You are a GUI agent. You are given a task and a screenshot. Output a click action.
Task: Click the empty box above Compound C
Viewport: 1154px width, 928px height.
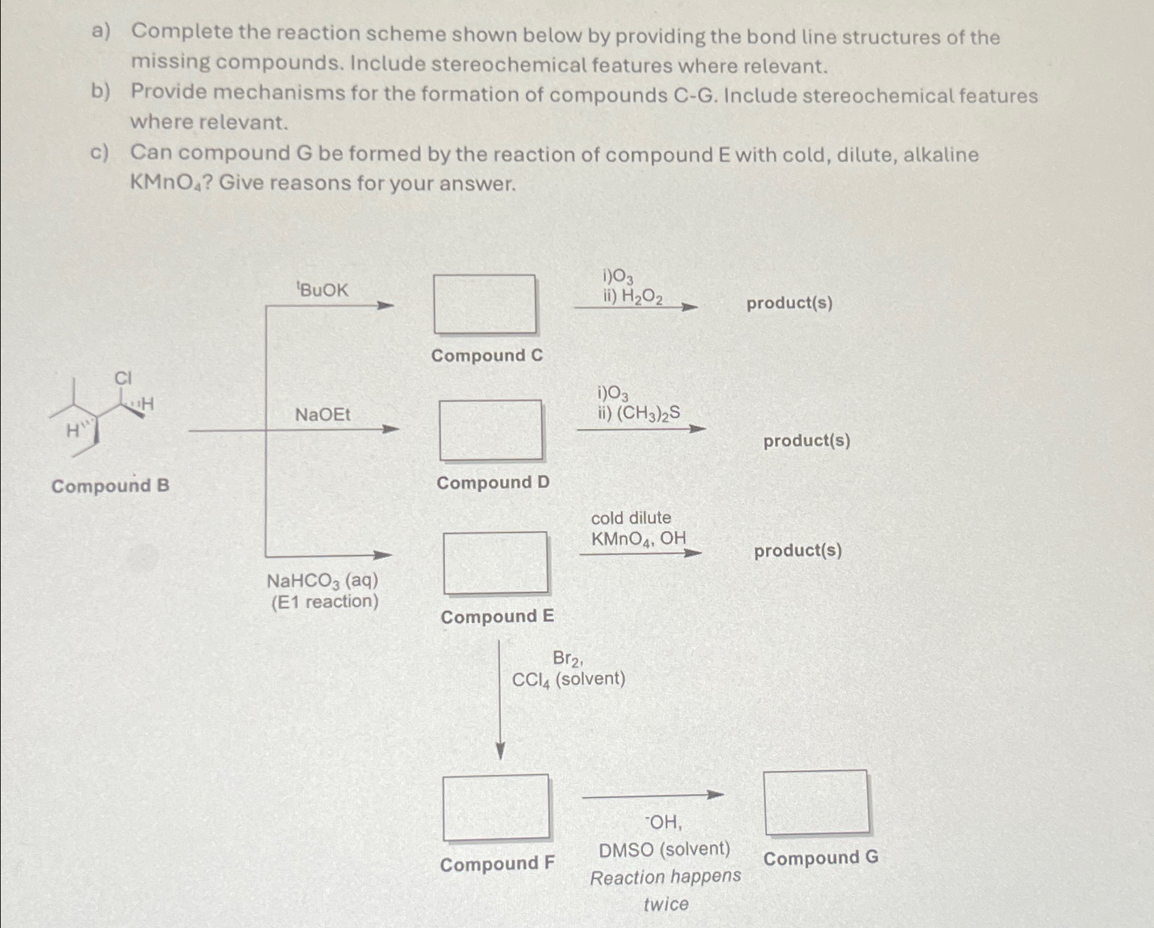click(484, 304)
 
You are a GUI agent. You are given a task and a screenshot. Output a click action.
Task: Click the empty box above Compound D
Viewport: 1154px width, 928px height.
click(491, 430)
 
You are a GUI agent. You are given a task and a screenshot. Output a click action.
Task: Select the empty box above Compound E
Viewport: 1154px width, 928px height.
click(495, 562)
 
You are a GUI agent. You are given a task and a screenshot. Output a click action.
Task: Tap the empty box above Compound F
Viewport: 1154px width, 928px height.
click(496, 807)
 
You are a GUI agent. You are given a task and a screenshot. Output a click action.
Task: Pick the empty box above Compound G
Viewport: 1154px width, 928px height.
click(816, 802)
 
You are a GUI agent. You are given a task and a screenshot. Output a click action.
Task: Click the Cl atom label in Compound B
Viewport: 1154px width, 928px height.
click(123, 378)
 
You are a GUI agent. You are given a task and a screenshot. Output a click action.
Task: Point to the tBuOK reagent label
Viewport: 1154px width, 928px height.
click(322, 290)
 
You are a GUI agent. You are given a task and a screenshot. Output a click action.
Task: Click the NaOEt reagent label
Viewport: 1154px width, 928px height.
click(322, 414)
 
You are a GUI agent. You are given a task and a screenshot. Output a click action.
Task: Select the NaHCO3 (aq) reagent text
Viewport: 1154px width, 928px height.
click(322, 581)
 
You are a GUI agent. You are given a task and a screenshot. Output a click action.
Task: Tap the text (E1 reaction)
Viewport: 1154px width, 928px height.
click(325, 602)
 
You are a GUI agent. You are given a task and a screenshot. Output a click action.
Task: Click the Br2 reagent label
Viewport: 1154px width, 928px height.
click(567, 658)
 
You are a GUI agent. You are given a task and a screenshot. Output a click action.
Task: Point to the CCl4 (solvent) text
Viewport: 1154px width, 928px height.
click(568, 679)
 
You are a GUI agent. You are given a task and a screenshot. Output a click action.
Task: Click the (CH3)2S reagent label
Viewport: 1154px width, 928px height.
click(647, 413)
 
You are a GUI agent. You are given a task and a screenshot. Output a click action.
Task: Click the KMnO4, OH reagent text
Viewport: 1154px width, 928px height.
click(638, 538)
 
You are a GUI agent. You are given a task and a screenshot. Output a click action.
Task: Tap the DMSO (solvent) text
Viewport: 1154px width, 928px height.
click(664, 849)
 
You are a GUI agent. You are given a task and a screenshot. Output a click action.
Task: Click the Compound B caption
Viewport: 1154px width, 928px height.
click(110, 486)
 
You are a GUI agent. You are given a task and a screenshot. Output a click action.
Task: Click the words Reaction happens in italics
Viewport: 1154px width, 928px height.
click(665, 877)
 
